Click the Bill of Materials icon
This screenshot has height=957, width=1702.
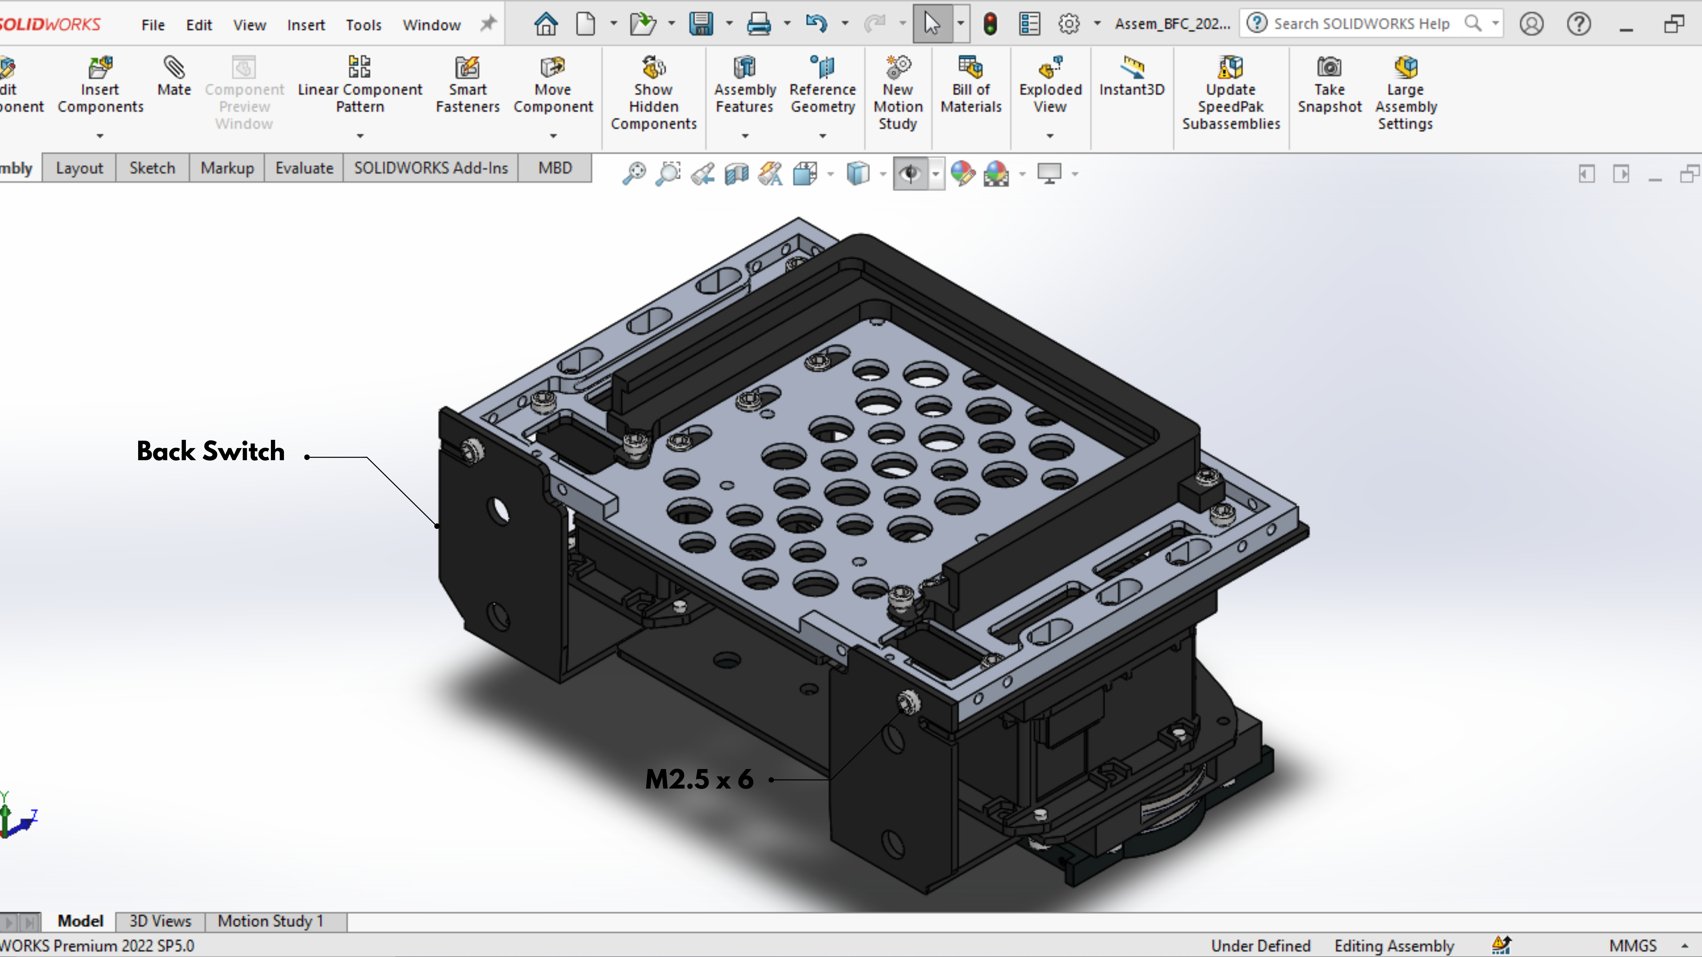point(971,67)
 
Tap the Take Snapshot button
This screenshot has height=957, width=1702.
point(1329,86)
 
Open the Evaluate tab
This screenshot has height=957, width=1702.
point(304,168)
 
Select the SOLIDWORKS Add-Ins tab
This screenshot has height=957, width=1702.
point(431,168)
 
